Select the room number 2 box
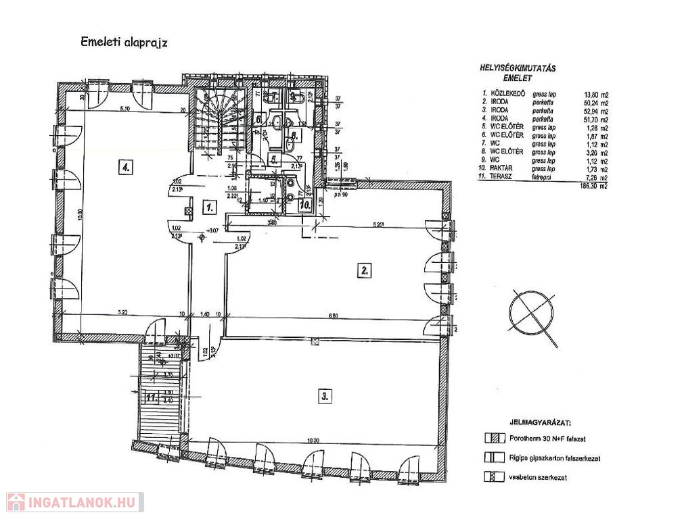point(365,270)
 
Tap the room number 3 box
point(324,397)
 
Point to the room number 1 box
point(210,205)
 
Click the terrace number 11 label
point(150,397)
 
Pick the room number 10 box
point(304,202)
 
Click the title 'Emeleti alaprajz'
point(124,42)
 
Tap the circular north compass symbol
point(531,314)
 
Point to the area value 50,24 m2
point(591,103)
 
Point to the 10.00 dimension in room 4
point(80,215)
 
